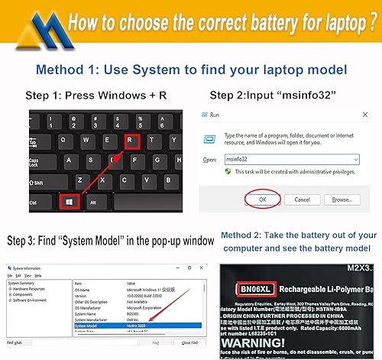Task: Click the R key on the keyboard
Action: (x=132, y=141)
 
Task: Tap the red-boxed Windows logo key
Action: (x=68, y=203)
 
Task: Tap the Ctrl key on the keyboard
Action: (x=33, y=203)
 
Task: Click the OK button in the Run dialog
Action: (x=261, y=199)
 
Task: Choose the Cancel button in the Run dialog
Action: (x=302, y=199)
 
